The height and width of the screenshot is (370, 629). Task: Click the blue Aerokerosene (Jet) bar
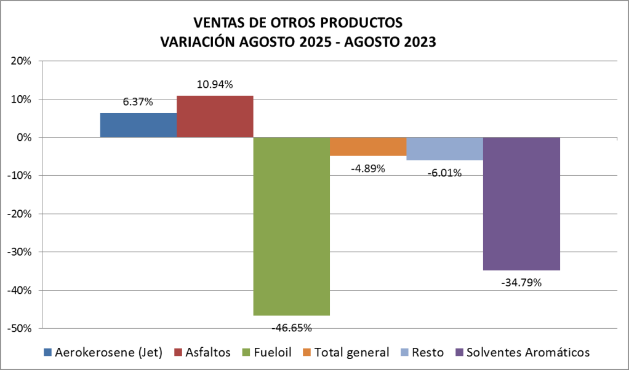[138, 125]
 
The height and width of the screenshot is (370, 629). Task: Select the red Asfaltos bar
[215, 116]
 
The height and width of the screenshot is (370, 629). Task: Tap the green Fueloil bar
[291, 226]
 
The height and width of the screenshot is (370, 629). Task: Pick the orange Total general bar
[368, 146]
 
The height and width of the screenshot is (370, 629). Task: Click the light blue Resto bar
[444, 148]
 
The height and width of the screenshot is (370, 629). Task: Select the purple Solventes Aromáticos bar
[521, 203]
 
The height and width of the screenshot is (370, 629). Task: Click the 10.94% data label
[215, 85]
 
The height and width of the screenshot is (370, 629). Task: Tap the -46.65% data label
[291, 327]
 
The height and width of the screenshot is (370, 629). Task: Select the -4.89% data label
[368, 168]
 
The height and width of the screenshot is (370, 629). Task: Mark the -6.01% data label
[444, 173]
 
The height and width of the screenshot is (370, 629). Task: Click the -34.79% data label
[521, 283]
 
